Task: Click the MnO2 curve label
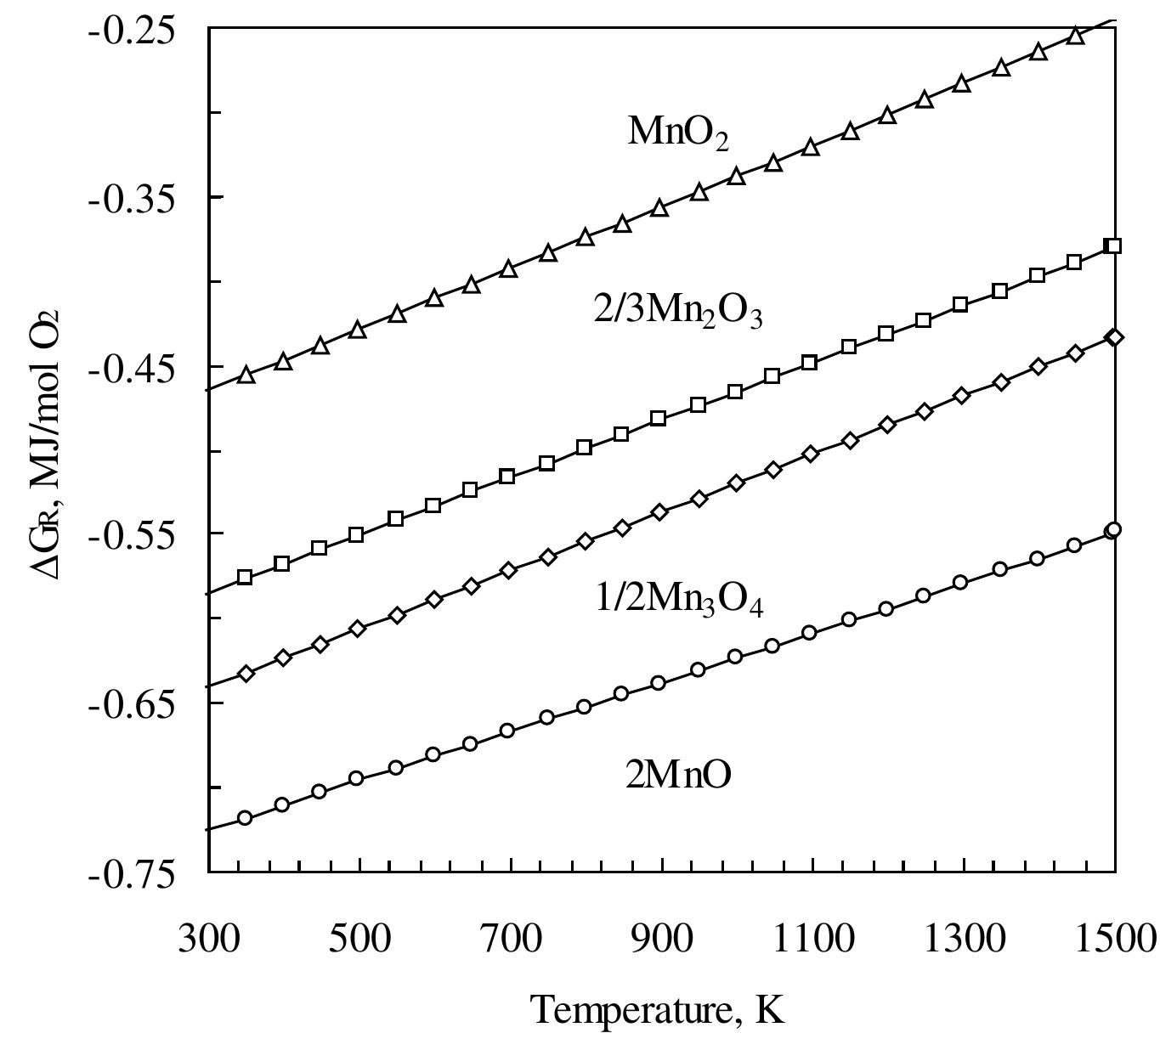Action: click(x=677, y=133)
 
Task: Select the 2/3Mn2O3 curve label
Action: click(x=677, y=314)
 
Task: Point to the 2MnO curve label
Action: click(x=677, y=775)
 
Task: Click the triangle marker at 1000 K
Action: click(x=736, y=177)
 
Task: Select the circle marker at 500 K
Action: click(x=357, y=778)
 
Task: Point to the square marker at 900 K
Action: click(x=658, y=418)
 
